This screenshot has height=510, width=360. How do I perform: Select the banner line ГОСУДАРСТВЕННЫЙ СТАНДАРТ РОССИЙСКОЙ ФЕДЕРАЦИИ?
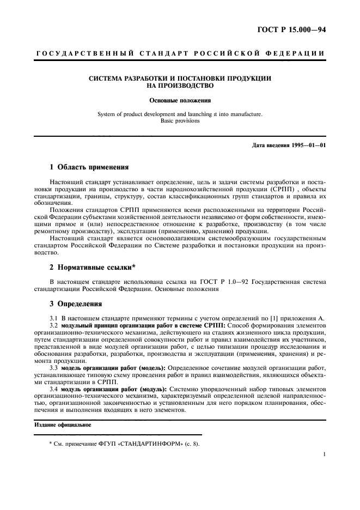click(180, 53)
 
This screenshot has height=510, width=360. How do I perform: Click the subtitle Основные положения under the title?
click(180, 100)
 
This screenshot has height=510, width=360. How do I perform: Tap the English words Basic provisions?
click(180, 121)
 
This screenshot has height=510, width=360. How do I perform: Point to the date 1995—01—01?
click(306, 145)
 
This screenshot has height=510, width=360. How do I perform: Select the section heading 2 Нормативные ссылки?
click(93, 268)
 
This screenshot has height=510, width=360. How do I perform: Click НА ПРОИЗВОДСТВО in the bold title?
click(180, 86)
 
